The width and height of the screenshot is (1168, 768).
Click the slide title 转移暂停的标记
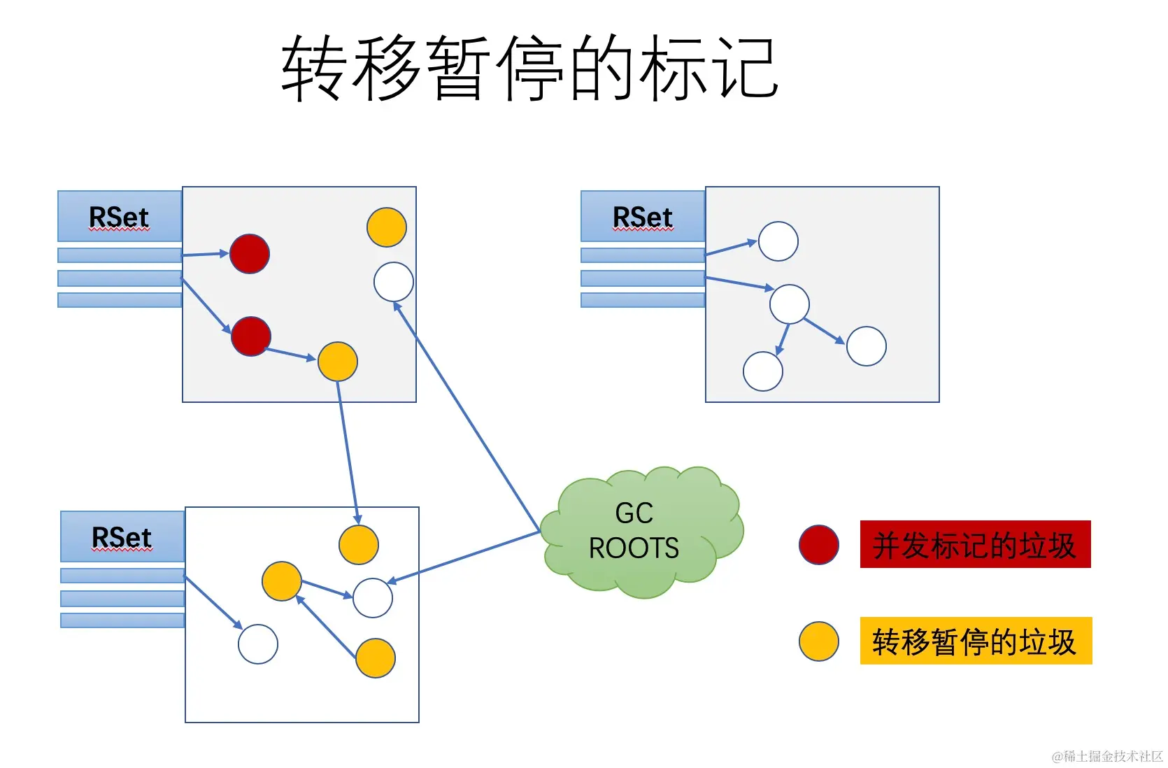click(x=529, y=68)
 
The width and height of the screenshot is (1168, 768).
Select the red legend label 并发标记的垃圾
click(x=974, y=544)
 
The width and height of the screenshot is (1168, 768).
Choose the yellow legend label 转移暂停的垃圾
click(x=975, y=641)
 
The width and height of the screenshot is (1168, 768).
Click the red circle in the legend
click(x=818, y=544)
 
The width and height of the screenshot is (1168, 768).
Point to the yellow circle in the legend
click(x=818, y=641)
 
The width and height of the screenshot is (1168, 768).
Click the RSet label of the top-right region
click(x=642, y=217)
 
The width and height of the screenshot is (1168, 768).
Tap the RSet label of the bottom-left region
click(x=122, y=537)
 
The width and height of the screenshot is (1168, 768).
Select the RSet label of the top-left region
click(x=119, y=217)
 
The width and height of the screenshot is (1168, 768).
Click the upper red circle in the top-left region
click(x=250, y=253)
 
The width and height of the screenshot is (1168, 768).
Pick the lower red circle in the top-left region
click(x=250, y=336)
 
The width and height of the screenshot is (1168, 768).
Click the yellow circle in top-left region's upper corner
click(x=387, y=227)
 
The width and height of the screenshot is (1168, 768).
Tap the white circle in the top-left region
click(x=394, y=281)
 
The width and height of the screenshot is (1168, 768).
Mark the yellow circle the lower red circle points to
click(x=338, y=362)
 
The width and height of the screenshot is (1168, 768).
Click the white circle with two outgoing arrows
click(x=789, y=304)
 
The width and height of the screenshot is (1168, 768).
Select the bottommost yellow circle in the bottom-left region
click(x=376, y=658)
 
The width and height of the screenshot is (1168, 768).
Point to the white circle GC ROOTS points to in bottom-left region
click(x=373, y=598)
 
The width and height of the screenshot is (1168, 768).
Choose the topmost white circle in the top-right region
click(x=778, y=241)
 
